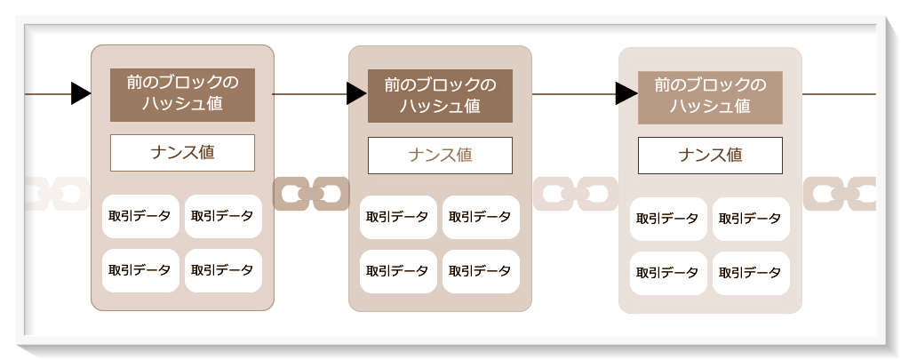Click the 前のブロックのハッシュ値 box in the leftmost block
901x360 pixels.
(182, 94)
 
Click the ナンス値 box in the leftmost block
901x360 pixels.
(182, 152)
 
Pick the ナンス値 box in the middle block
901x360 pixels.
(440, 156)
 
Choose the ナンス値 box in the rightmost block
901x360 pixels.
(710, 156)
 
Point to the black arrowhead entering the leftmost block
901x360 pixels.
(81, 92)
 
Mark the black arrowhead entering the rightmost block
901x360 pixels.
(626, 92)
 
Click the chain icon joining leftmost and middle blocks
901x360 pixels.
(311, 193)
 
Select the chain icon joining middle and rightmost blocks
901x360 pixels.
(575, 193)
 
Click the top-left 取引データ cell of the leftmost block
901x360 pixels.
(140, 216)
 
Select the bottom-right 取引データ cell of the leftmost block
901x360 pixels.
(223, 270)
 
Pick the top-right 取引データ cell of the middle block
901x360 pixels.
(481, 217)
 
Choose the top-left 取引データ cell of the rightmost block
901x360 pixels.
(668, 219)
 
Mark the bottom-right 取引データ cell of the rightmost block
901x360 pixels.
(751, 273)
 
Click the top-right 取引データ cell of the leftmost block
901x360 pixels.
(223, 216)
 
